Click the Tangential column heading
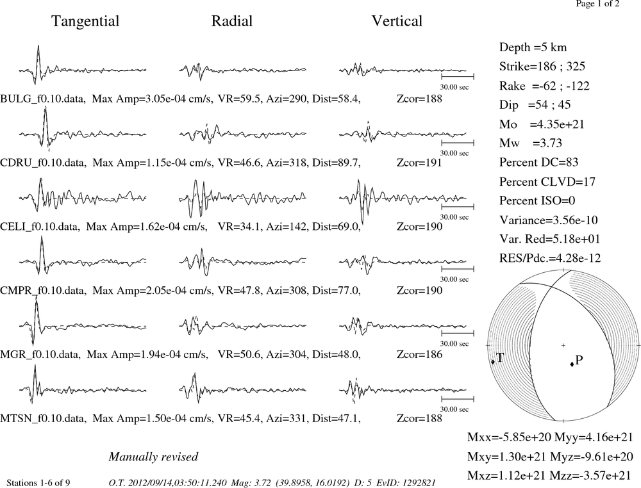85,21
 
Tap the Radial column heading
232,21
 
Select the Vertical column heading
397,21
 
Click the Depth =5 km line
533,47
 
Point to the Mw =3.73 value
531,143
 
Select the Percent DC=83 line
539,162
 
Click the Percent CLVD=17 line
547,181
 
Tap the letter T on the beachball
499,358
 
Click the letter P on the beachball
579,360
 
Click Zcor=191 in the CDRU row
419,163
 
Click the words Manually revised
153,457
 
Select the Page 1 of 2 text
597,4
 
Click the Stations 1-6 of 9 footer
38,483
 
